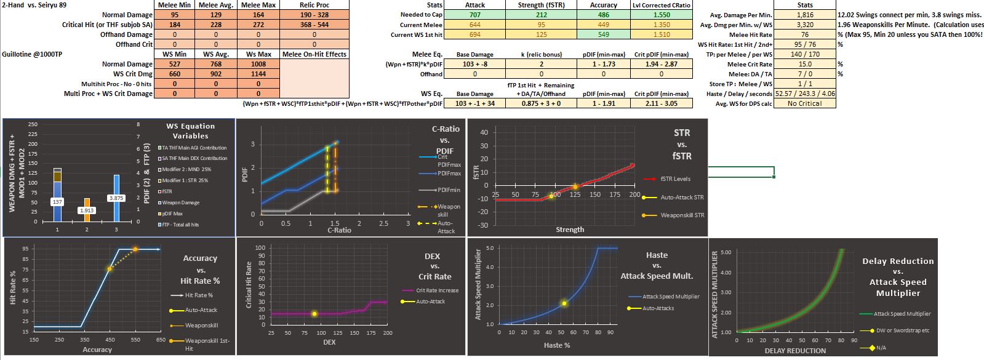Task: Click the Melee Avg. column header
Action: click(x=215, y=5)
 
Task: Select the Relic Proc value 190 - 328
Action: click(x=314, y=15)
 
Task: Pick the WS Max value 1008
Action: click(x=258, y=64)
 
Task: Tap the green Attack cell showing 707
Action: click(x=474, y=15)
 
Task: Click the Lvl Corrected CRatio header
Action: click(x=662, y=5)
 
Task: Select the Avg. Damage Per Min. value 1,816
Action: click(x=805, y=15)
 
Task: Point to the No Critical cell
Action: click(x=805, y=103)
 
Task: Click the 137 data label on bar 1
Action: click(x=57, y=202)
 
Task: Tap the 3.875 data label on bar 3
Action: click(x=116, y=198)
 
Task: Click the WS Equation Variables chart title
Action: click(x=190, y=131)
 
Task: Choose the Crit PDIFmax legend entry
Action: click(x=448, y=161)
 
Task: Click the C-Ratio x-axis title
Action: click(x=339, y=230)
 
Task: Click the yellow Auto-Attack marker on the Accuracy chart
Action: click(x=110, y=269)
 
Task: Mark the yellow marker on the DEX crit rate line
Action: click(x=314, y=314)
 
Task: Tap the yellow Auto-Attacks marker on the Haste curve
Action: click(x=564, y=303)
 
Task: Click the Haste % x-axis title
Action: click(x=557, y=345)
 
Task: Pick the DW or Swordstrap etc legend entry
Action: click(x=902, y=330)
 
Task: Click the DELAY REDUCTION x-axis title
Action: click(x=795, y=351)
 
